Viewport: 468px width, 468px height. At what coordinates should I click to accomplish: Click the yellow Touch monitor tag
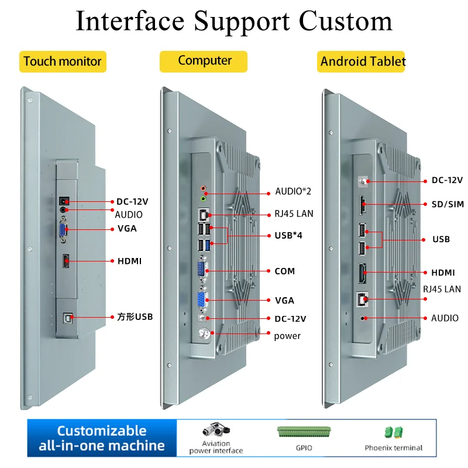pyautogui.click(x=63, y=61)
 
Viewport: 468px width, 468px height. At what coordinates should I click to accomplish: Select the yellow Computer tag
pyautogui.click(x=204, y=61)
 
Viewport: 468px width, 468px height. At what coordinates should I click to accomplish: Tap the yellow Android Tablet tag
pyautogui.click(x=363, y=61)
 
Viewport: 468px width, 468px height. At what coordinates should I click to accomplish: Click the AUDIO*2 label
pyautogui.click(x=294, y=192)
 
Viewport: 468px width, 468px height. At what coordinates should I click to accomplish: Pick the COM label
pyautogui.click(x=284, y=271)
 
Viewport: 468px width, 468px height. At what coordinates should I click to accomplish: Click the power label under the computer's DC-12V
pyautogui.click(x=287, y=336)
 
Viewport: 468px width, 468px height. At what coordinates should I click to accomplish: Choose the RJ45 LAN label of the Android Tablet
pyautogui.click(x=442, y=289)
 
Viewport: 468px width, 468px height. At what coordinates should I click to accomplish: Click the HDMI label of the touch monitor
pyautogui.click(x=129, y=261)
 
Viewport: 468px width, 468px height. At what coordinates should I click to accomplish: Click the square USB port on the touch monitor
pyautogui.click(x=67, y=318)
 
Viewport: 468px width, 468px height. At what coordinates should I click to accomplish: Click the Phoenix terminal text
pyautogui.click(x=393, y=448)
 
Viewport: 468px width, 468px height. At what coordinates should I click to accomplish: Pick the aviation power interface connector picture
pyautogui.click(x=216, y=431)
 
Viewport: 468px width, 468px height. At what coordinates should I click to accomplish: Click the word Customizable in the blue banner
pyautogui.click(x=102, y=431)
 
